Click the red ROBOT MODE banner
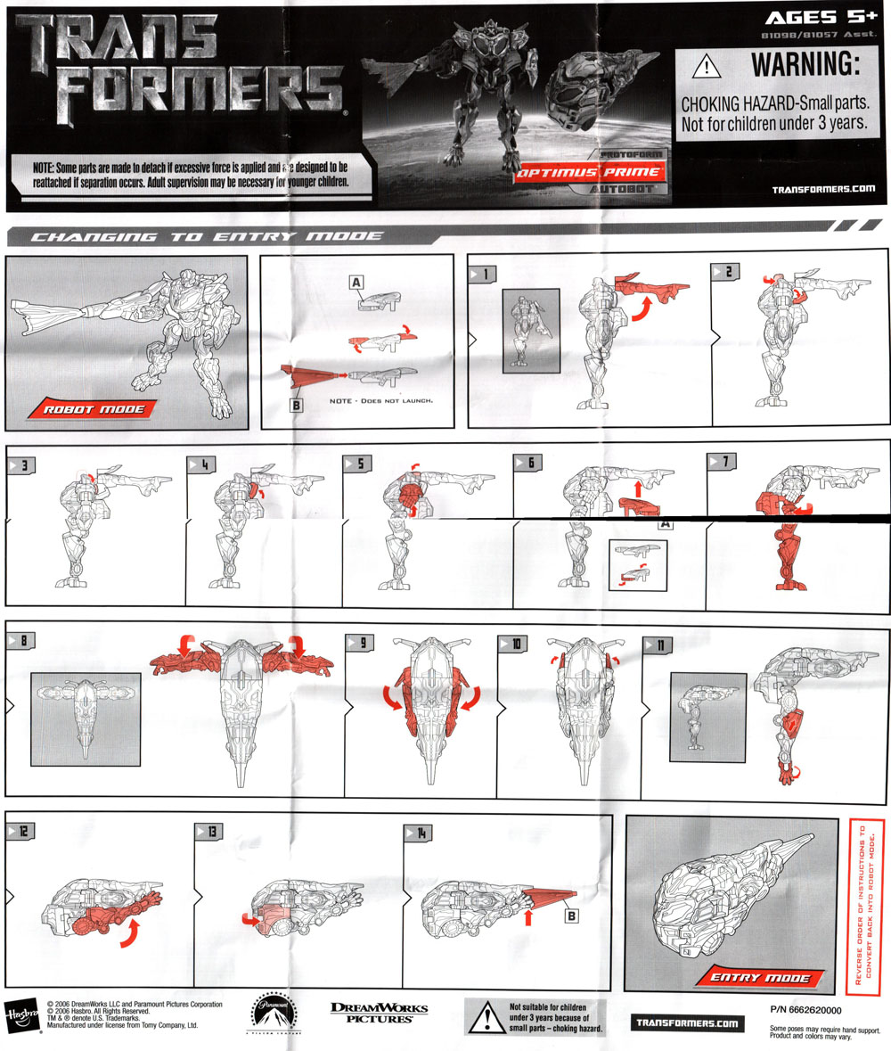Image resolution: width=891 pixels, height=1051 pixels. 89,409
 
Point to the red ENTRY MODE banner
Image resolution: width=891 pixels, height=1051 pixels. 760,978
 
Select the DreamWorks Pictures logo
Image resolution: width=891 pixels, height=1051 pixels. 379,1012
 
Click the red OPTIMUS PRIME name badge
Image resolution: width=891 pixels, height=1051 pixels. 588,172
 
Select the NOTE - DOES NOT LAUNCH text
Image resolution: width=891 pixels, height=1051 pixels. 380,401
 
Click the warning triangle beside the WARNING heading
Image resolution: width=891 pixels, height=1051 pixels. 706,66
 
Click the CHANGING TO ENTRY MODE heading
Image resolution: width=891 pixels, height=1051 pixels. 207,236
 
